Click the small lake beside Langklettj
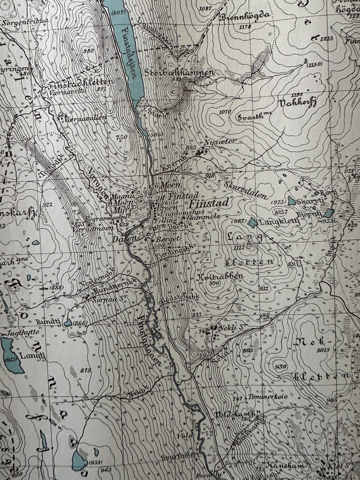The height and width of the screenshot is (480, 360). coord(253,223)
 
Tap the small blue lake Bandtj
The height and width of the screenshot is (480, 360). coord(68,322)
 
